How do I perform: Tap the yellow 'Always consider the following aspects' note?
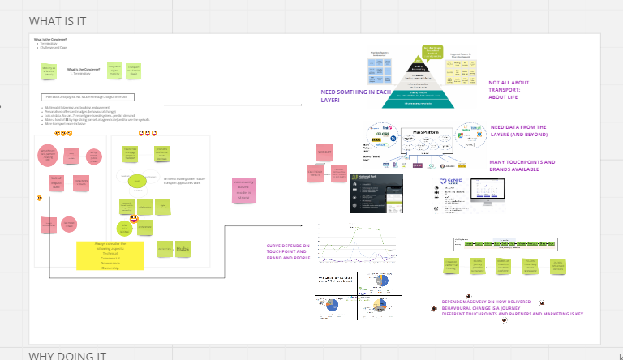110,255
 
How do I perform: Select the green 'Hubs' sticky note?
183,248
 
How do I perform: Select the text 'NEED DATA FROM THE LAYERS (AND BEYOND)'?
519,131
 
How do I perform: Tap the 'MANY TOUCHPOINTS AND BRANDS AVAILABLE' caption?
522,165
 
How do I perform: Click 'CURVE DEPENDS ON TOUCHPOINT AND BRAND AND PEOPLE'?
289,251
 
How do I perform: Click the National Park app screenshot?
376,193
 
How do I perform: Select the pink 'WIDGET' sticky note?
324,154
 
